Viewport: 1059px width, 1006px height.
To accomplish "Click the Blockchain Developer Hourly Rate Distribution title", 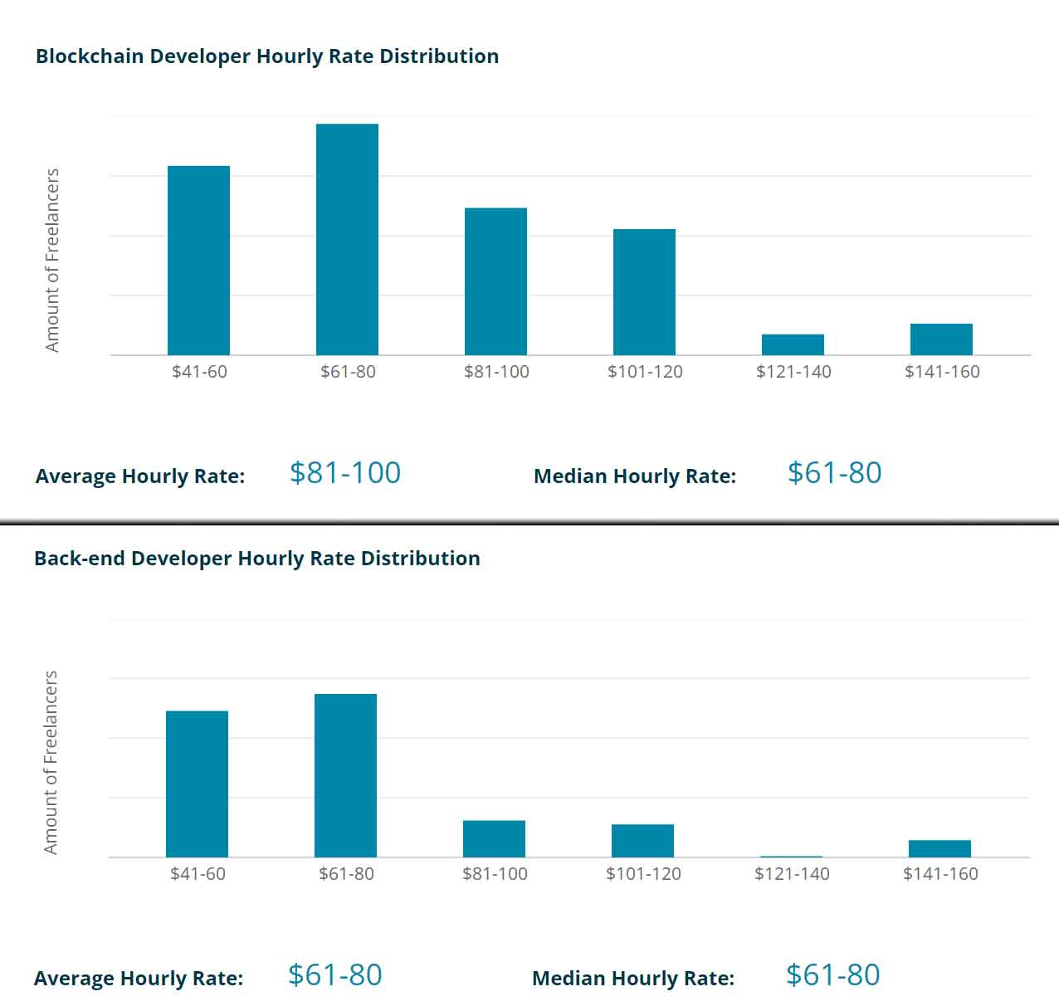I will (266, 56).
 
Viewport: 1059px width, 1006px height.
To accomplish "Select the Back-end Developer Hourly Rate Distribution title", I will (256, 559).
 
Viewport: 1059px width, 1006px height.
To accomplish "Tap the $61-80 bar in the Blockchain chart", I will (347, 240).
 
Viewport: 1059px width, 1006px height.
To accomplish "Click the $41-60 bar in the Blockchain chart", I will (198, 261).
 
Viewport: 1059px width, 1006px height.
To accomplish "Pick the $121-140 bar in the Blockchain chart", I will (793, 344).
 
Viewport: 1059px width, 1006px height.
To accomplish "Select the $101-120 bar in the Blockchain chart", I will (644, 292).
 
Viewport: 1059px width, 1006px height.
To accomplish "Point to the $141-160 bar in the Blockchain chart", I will (941, 339).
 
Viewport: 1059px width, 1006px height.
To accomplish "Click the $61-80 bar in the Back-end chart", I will (345, 775).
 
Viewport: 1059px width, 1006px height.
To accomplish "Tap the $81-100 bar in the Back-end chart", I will (494, 838).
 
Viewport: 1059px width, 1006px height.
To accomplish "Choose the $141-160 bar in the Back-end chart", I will (939, 848).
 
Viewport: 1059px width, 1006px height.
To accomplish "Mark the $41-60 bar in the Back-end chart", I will (197, 784).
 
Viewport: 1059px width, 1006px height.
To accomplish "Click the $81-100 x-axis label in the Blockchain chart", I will (496, 372).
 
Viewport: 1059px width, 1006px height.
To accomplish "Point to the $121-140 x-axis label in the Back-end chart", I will (792, 874).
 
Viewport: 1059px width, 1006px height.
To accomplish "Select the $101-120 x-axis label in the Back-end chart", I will (643, 874).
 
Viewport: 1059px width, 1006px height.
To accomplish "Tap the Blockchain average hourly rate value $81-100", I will (345, 473).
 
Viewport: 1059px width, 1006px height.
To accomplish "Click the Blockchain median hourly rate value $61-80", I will (834, 473).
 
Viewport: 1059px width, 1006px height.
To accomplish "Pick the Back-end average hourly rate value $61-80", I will (334, 975).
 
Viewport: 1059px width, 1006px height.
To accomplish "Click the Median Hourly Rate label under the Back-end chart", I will (632, 979).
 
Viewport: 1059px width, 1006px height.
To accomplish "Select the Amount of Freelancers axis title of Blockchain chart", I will (52, 261).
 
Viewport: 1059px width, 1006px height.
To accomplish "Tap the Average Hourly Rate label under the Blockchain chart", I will (140, 476).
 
